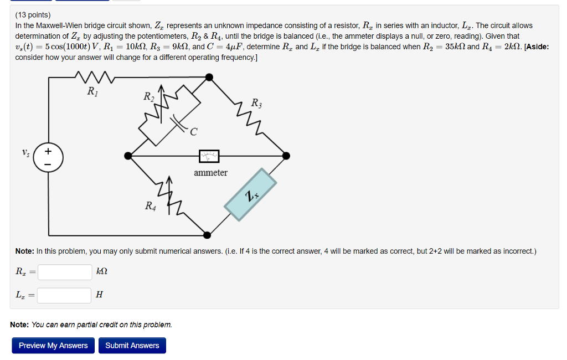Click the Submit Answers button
132,346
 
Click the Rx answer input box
65,272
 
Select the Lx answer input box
64,296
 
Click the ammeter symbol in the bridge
209,157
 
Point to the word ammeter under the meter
210,173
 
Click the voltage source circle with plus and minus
48,157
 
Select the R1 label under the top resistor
93,91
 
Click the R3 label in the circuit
257,102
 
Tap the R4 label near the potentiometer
150,206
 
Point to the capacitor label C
193,132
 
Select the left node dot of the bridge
128,157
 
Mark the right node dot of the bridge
286,157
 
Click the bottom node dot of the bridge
207,235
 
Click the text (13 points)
33,15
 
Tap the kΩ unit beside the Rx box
102,272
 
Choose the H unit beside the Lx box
99,296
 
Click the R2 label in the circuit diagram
148,97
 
